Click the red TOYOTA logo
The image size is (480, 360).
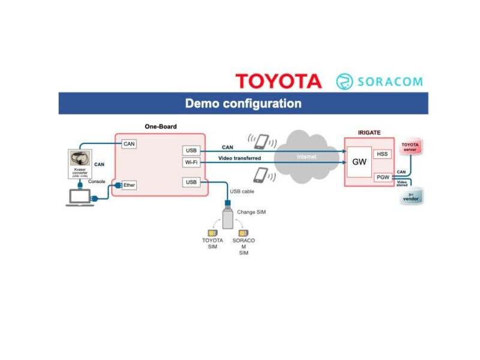point(278,81)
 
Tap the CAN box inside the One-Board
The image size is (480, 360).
point(129,144)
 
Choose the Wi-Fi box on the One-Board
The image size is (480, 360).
point(191,163)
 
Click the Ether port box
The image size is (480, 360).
point(129,185)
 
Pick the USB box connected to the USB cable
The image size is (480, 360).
point(191,182)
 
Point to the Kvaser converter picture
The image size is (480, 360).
point(80,162)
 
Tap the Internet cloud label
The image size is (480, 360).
point(307,157)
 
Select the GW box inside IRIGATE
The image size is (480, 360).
point(359,162)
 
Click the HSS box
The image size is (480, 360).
point(382,154)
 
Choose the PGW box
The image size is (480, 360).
point(382,177)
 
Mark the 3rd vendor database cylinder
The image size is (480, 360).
point(410,196)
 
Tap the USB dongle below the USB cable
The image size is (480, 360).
point(227,218)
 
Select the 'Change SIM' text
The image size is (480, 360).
point(251,212)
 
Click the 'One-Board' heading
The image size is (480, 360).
point(160,127)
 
